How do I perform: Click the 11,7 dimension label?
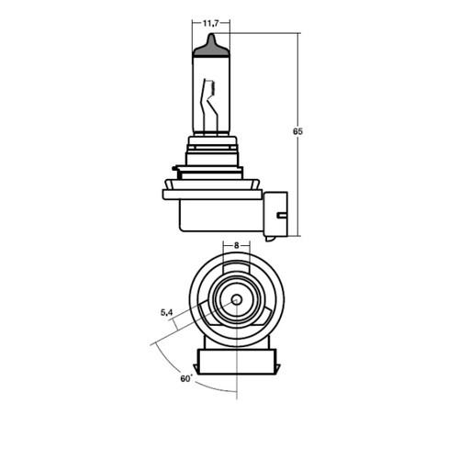(211, 23)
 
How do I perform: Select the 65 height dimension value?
(297, 131)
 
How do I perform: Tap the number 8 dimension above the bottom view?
(236, 245)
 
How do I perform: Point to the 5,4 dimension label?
(167, 312)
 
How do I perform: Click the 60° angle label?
(186, 378)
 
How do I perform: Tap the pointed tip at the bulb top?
(211, 34)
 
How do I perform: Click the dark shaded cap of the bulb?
(211, 48)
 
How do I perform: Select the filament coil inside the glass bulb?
(212, 89)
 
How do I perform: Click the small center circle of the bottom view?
(237, 299)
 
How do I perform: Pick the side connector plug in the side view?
(275, 214)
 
